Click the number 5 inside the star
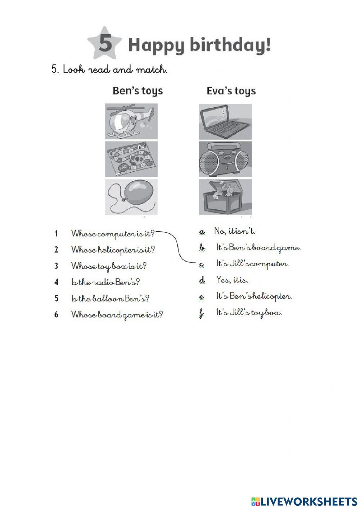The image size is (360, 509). tap(105, 43)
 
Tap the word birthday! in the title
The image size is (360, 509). tap(230, 44)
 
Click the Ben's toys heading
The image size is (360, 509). tap(138, 91)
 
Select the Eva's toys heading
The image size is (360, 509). tap(231, 91)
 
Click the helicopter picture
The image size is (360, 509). tap(131, 121)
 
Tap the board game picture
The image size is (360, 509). tap(131, 159)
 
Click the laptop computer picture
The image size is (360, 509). tap(225, 121)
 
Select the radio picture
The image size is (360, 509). tap(225, 159)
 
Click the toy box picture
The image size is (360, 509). tap(225, 197)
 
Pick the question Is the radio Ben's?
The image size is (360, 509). tap(105, 282)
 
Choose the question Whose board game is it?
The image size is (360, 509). tap(117, 315)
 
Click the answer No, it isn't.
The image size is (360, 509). tap(235, 231)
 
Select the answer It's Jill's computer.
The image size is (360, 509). tap(253, 264)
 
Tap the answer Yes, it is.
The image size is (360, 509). tap(232, 280)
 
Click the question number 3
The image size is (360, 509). tap(56, 266)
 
